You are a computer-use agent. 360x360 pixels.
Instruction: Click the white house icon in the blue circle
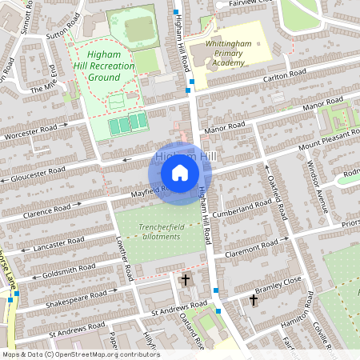180,173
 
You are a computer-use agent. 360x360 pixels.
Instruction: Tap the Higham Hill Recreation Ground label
105,65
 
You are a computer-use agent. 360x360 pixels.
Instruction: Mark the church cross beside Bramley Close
254,300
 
